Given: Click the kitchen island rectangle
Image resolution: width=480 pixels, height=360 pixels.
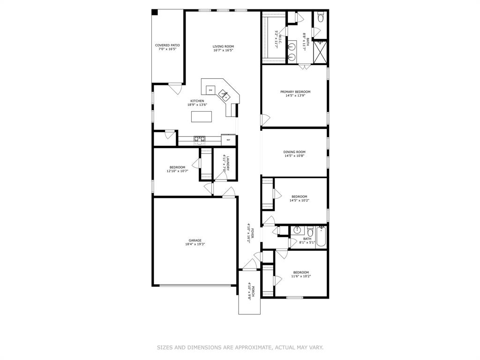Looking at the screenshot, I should tap(202, 116).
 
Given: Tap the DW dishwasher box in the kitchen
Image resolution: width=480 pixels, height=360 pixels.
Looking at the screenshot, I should tap(210, 90).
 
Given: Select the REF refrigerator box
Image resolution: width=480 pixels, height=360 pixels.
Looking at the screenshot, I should tap(228, 140).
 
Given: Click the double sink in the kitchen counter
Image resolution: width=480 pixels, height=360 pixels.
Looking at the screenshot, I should tap(225, 96).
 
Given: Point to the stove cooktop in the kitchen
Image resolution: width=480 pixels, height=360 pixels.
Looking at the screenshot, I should tap(199, 139).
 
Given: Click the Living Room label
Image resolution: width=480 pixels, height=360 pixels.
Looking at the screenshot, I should tap(223, 46).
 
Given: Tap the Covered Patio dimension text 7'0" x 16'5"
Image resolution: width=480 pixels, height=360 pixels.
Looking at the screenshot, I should tap(167, 49).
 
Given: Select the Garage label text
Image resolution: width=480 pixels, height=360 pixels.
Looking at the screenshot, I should tap(195, 240).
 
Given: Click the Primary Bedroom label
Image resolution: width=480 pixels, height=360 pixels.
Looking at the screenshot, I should tap(295, 92).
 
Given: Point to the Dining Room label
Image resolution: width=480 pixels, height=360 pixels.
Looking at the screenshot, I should tap(294, 152).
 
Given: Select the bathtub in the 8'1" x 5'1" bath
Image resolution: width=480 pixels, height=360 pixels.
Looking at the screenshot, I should tap(322, 237).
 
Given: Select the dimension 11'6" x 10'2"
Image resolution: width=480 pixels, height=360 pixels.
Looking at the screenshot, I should tap(301, 276).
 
